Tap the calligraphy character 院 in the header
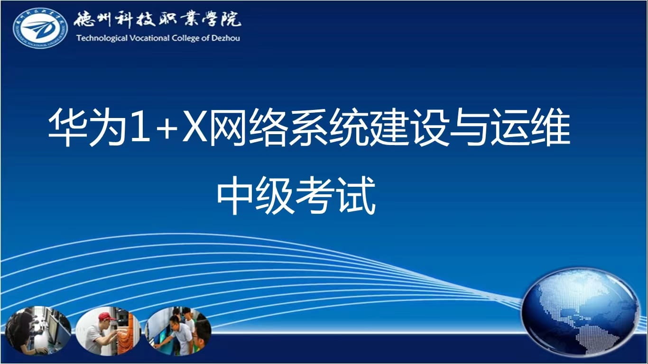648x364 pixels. click(x=231, y=19)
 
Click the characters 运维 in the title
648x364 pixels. click(x=531, y=127)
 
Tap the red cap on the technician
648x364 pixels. click(x=107, y=316)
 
